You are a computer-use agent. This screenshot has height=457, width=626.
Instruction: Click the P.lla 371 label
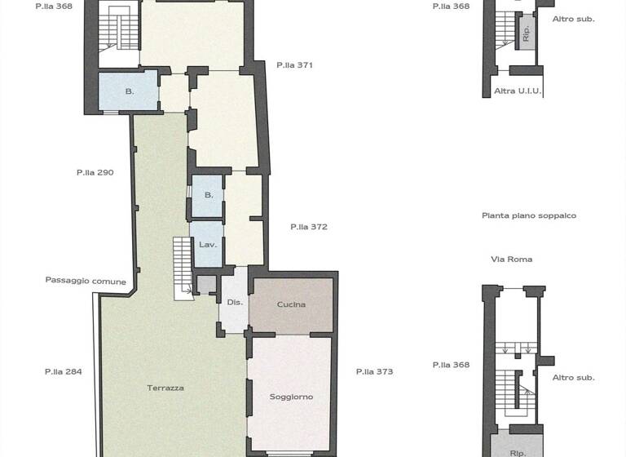point(294,64)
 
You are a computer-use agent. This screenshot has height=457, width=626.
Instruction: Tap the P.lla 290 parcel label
point(95,172)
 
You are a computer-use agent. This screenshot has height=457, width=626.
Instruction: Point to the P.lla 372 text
point(309,227)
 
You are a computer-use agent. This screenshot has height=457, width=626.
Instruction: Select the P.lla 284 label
point(64,371)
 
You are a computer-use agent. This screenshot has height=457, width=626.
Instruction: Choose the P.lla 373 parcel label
point(374,371)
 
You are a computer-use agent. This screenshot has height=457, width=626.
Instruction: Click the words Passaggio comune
point(86,281)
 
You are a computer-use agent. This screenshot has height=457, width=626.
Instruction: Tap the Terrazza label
point(165,388)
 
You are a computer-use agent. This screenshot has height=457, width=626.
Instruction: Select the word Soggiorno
point(291,397)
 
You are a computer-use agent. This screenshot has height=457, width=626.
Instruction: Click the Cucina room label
point(291,304)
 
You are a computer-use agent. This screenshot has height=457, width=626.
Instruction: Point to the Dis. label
point(235,302)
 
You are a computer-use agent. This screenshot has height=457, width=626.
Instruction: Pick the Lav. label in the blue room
point(207,245)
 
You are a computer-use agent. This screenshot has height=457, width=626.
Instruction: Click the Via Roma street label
point(511,260)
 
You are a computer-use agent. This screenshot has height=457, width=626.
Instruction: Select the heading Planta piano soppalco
point(529,215)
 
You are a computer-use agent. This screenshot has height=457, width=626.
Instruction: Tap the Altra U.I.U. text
point(518,91)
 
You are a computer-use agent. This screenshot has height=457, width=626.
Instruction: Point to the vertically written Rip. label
point(526,33)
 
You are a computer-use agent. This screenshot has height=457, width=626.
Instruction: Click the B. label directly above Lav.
point(209,195)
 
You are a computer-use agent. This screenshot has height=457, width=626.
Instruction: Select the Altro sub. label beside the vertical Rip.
point(573,18)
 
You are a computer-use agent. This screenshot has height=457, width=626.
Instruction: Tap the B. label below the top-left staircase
point(129,91)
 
